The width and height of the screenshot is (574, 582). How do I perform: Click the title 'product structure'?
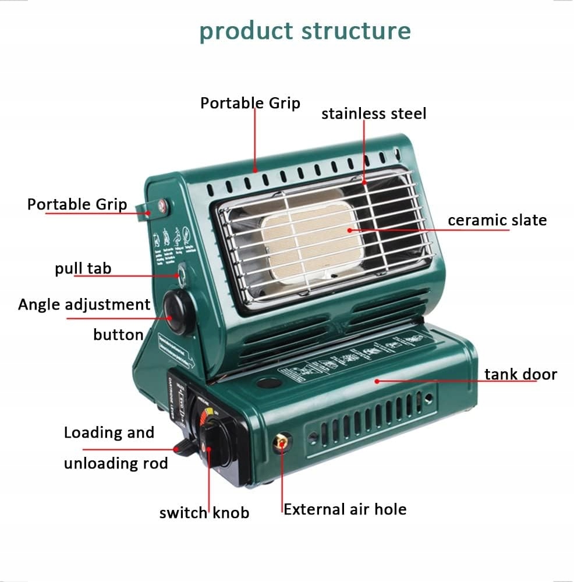[305, 31]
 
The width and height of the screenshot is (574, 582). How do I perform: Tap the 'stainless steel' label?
[374, 113]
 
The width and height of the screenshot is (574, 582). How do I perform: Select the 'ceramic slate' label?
[497, 221]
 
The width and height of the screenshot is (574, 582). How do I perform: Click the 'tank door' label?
[520, 374]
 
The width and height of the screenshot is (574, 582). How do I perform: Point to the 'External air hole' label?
[345, 509]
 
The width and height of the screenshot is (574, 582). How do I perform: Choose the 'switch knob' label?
[204, 513]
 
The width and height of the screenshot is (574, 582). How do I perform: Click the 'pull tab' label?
[83, 268]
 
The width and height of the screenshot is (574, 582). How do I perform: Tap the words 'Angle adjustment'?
[84, 304]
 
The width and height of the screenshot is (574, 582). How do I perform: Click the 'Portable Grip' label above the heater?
[250, 103]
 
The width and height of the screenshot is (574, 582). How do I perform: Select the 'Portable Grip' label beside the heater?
[77, 204]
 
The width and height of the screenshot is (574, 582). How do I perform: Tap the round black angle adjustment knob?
[178, 313]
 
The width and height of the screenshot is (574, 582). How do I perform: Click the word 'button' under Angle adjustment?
[118, 335]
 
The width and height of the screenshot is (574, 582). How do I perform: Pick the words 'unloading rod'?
[116, 463]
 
